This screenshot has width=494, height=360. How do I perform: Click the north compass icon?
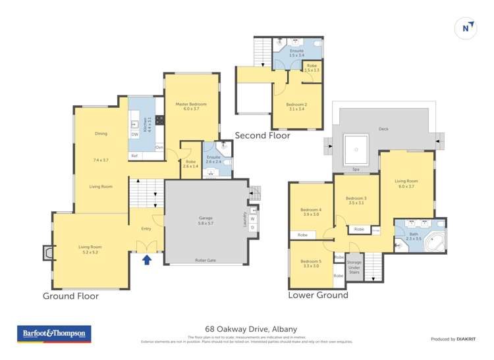(466, 28)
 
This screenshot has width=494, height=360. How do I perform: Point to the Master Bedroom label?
(191, 105)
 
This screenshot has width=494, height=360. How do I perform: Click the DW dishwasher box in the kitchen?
(134, 135)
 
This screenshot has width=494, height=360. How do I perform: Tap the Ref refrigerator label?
(134, 155)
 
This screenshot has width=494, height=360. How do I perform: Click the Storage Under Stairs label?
(354, 263)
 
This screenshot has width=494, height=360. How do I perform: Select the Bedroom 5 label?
(310, 262)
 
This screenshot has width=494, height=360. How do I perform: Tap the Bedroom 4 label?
(310, 210)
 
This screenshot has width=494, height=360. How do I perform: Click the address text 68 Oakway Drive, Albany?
(247, 328)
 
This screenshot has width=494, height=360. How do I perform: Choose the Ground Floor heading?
(70, 296)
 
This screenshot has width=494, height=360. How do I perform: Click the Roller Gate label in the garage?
(205, 260)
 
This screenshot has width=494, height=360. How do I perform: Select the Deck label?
(383, 129)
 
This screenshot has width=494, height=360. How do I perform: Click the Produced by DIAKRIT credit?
(453, 339)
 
